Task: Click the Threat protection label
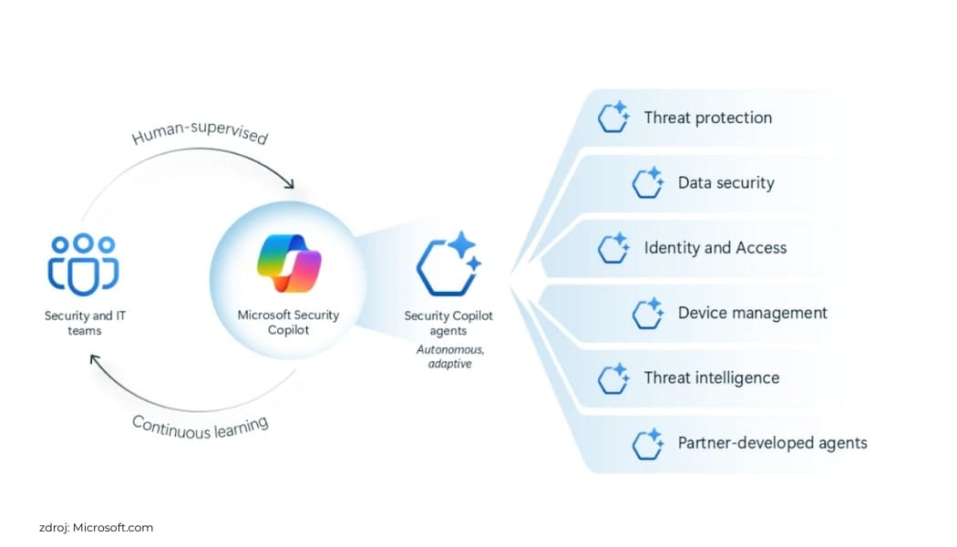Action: point(707,118)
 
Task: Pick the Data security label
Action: point(725,182)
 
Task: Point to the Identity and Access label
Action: point(715,247)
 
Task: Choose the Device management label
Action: point(752,313)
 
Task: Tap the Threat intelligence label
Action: point(711,377)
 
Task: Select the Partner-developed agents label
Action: point(772,443)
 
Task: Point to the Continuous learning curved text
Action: point(201,425)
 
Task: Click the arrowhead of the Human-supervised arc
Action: point(290,184)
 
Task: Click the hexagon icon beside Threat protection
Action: point(613,118)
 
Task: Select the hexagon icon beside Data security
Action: point(647,182)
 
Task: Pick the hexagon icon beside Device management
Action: point(647,313)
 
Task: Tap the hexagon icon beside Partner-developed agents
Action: point(647,443)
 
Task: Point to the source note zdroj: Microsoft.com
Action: point(96,527)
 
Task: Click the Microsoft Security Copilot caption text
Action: point(288,322)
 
